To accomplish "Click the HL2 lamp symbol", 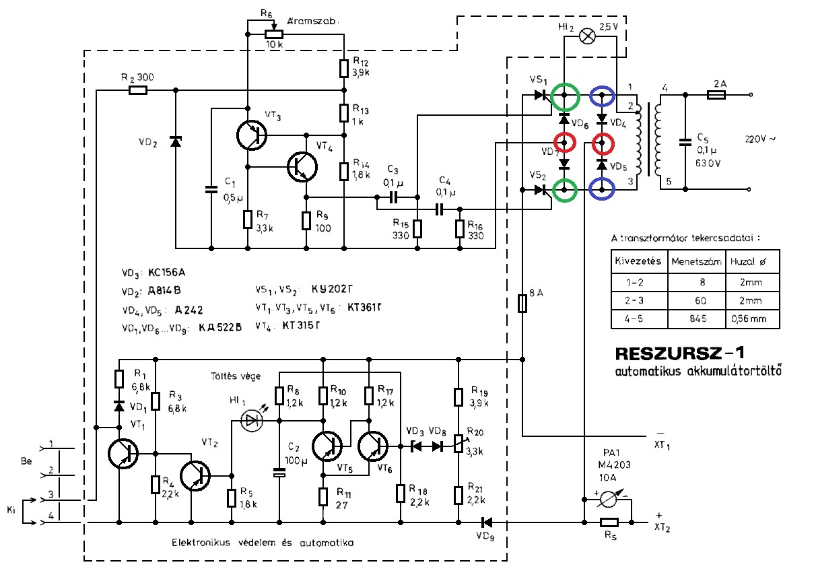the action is (x=586, y=36).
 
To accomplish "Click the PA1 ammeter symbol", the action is (x=607, y=500).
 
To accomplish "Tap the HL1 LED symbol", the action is (x=252, y=421).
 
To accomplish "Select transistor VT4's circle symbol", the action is (x=302, y=167).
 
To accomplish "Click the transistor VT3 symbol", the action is (x=251, y=135).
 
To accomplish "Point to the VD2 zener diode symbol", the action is (x=176, y=141).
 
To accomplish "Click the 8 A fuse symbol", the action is (x=522, y=304).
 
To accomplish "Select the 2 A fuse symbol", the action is (x=716, y=95).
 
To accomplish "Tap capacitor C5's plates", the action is (x=685, y=142).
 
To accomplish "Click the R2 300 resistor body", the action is (x=138, y=90).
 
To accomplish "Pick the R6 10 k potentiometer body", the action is (x=273, y=34).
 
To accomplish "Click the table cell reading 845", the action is (x=698, y=318).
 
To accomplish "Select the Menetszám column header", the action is (x=696, y=261).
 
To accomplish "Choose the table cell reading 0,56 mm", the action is (x=749, y=318).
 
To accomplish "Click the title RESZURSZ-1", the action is (x=679, y=353).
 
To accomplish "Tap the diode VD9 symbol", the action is (x=486, y=522).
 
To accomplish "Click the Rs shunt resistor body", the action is (x=609, y=522).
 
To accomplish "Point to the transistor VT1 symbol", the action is (x=123, y=454).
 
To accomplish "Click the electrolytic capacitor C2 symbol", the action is (x=279, y=473).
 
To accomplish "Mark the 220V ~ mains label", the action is (x=760, y=139).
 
